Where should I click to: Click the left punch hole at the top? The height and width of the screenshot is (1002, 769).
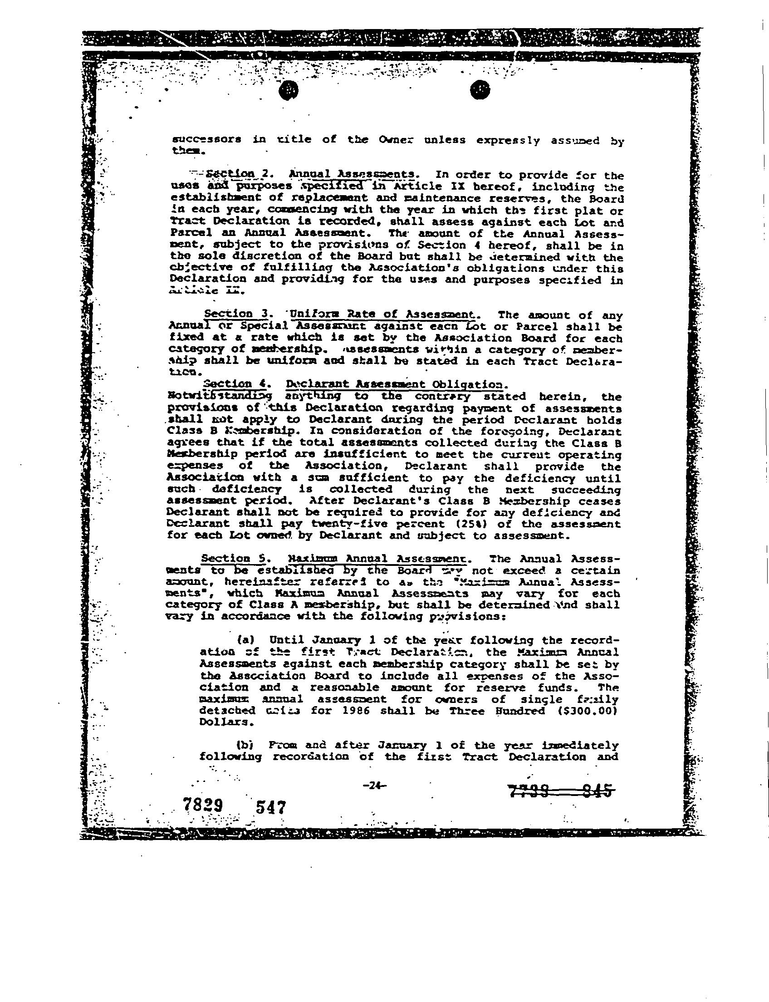click(289, 91)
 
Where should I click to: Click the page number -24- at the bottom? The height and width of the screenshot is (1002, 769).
click(374, 786)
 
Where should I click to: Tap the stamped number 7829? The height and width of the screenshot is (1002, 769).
click(203, 804)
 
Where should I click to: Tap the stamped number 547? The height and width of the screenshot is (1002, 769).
click(271, 806)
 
